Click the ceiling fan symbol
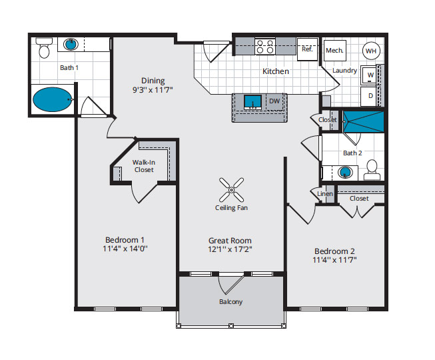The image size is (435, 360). pyautogui.click(x=231, y=190)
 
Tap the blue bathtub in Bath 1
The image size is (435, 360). pyautogui.click(x=52, y=99)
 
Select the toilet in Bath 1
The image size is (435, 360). pyautogui.click(x=44, y=48)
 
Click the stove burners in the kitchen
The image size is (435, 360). pyautogui.click(x=265, y=47)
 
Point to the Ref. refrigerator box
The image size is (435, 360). pyautogui.click(x=307, y=49)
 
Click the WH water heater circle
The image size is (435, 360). pyautogui.click(x=371, y=51)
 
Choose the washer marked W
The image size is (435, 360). pyautogui.click(x=368, y=75)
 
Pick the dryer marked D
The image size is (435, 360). pyautogui.click(x=368, y=96)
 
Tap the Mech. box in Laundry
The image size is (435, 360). pyautogui.click(x=335, y=51)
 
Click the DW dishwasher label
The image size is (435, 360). pyautogui.click(x=274, y=101)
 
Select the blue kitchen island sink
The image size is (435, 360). pyautogui.click(x=252, y=102)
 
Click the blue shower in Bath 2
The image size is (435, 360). pyautogui.click(x=364, y=122)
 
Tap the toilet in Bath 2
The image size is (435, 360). pyautogui.click(x=372, y=170)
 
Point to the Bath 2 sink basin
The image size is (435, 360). pyautogui.click(x=345, y=173)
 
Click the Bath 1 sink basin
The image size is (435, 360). pyautogui.click(x=71, y=45)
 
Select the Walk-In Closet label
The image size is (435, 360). pyautogui.click(x=144, y=166)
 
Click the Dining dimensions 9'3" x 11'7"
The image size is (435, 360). pyautogui.click(x=153, y=90)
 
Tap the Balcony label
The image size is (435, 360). pyautogui.click(x=230, y=302)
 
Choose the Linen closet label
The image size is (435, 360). pyautogui.click(x=325, y=194)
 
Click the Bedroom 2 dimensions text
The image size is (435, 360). pyautogui.click(x=334, y=260)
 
